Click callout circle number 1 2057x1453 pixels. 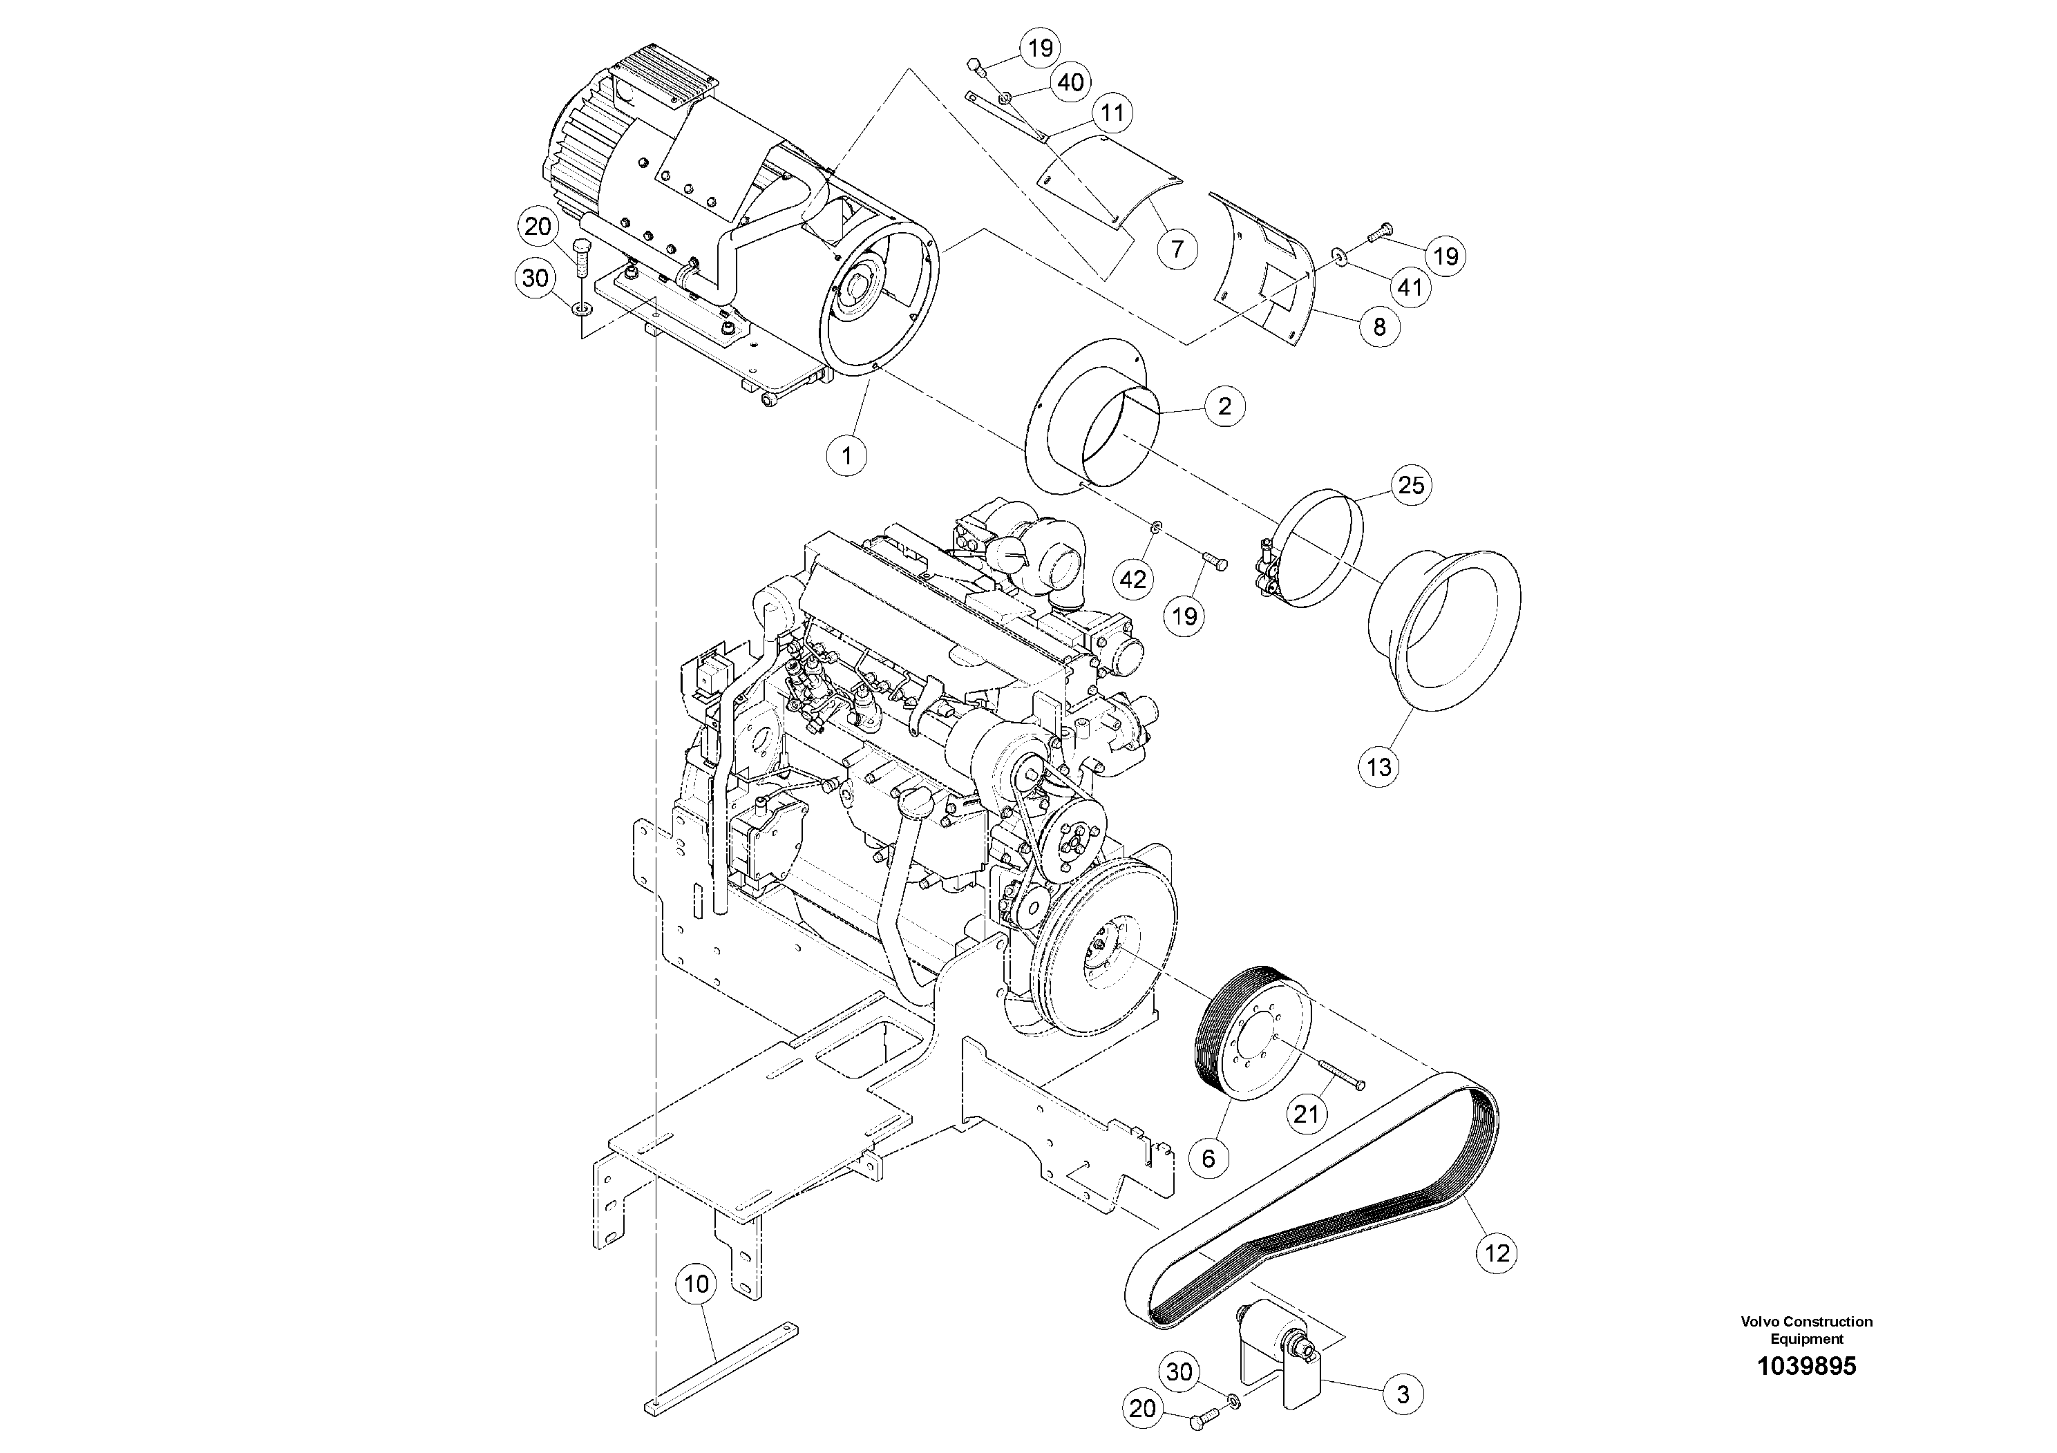[846, 456]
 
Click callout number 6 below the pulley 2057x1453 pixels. [1208, 1158]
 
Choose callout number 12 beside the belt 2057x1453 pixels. [1497, 1253]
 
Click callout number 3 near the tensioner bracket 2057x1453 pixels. [1403, 1394]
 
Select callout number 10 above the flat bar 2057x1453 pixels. [696, 1284]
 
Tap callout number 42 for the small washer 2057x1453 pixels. [1132, 579]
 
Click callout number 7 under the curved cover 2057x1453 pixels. [1177, 248]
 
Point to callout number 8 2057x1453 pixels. [1378, 326]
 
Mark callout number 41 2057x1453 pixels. [1410, 287]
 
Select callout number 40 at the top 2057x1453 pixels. [1070, 82]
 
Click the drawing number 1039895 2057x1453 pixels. [1806, 1366]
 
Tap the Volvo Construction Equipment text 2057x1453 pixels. [1806, 1329]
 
